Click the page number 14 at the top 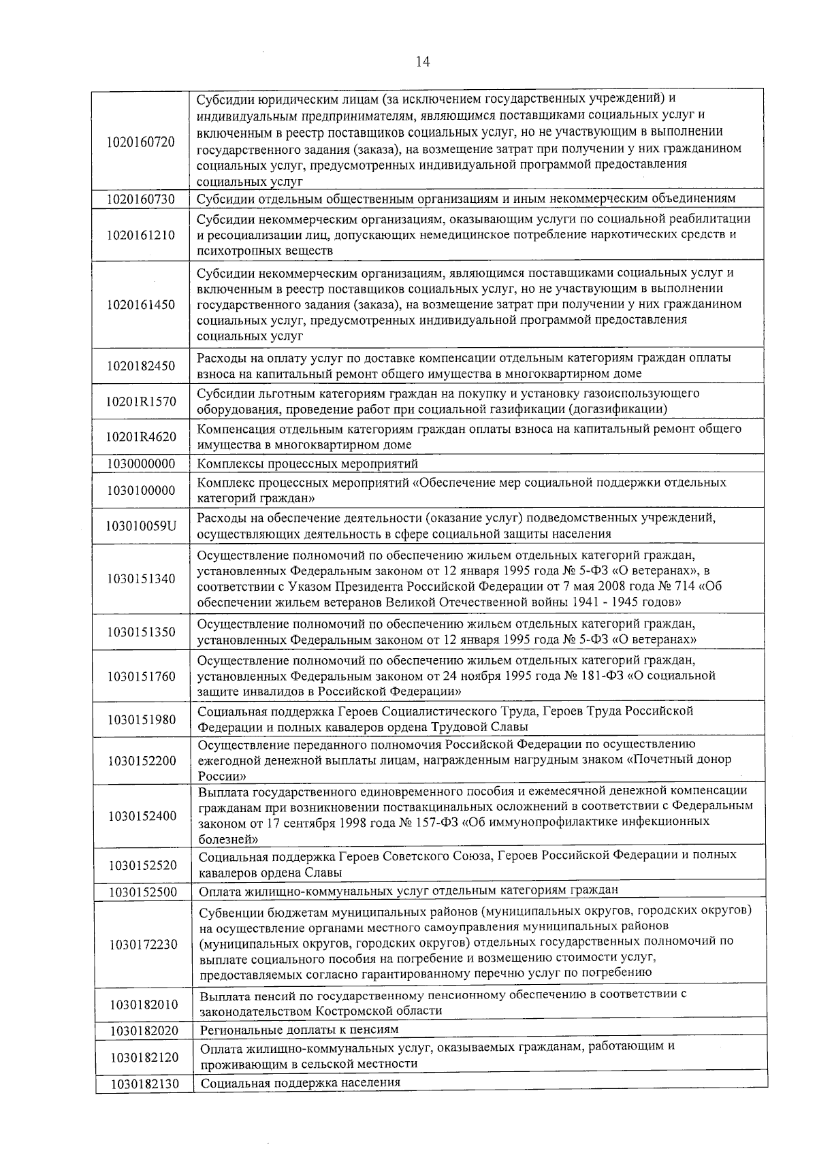[421, 62]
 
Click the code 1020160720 [141, 142]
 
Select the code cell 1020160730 [141, 199]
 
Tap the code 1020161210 [141, 235]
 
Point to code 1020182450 [141, 366]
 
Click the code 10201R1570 [141, 402]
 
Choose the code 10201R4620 [141, 437]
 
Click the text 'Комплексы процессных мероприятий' [308, 464]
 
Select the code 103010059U [141, 526]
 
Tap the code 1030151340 [141, 579]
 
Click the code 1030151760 [141, 677]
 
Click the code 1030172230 [143, 945]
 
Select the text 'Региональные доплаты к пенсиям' [300, 1030]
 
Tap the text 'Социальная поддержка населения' [300, 1083]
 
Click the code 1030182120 [143, 1057]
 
